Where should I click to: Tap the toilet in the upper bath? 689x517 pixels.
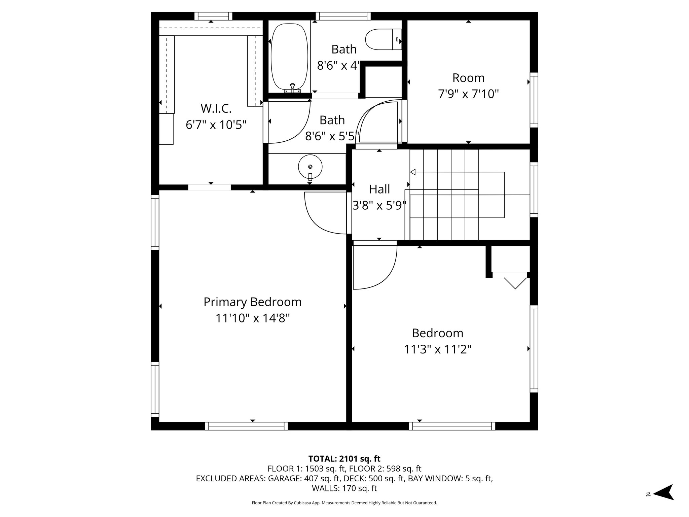point(384,39)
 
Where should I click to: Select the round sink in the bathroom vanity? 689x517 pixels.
point(310,167)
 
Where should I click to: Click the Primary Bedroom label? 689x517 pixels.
point(252,302)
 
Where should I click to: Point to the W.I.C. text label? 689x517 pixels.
point(216,108)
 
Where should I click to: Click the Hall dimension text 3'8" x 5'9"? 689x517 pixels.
point(379,205)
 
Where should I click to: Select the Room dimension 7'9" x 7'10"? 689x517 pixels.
point(468,94)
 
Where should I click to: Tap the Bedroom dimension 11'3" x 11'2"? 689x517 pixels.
point(437,349)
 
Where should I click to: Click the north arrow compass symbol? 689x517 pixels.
point(663,494)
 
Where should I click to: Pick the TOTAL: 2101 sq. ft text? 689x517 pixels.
point(344,458)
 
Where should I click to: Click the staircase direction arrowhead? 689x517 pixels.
point(413,172)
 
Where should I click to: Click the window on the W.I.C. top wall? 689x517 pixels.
point(213,16)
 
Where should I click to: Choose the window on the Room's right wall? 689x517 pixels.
point(534,100)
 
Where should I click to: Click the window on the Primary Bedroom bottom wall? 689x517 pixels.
point(247,426)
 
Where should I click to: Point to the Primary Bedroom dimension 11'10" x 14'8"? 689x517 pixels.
point(253,318)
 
